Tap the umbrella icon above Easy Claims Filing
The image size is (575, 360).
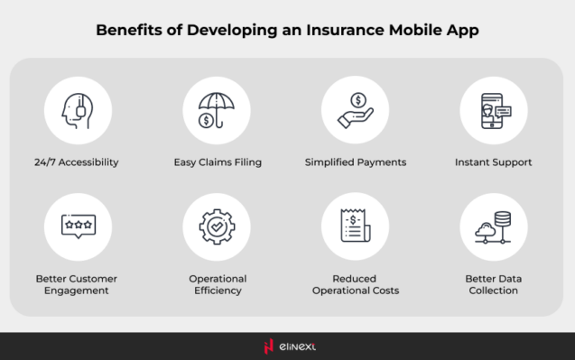[x=217, y=110]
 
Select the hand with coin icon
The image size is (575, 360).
[x=355, y=110]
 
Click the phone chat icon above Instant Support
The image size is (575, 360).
[x=494, y=110]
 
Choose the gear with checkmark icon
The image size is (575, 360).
[x=217, y=227]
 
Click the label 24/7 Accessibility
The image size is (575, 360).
[x=78, y=163]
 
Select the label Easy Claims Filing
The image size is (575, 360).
[x=217, y=163]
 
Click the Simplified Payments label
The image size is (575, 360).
[x=355, y=163]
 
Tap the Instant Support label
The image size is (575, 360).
[x=494, y=163]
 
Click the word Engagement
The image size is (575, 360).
[x=77, y=291]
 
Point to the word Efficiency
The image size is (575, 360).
[x=217, y=291]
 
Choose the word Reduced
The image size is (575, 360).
[x=355, y=279]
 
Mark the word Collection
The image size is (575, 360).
[x=494, y=291]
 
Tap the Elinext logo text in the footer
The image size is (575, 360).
[x=297, y=346]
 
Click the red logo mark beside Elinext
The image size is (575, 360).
[x=268, y=346]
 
